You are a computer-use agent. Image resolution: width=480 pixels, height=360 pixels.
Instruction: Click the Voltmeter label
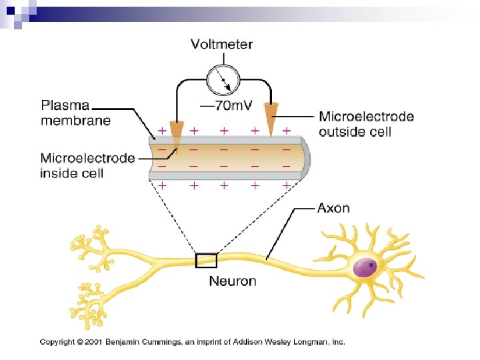click(x=222, y=45)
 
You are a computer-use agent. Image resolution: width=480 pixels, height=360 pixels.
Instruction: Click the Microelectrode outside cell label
click(x=366, y=124)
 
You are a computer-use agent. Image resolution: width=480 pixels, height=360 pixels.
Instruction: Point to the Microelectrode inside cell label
click(x=87, y=165)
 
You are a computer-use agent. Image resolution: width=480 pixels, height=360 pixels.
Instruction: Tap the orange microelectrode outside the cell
click(x=271, y=117)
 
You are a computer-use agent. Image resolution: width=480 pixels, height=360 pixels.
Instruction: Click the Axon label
click(x=333, y=208)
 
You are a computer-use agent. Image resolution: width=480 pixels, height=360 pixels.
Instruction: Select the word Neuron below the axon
click(x=233, y=281)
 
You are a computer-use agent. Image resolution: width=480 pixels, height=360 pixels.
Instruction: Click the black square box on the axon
click(x=206, y=259)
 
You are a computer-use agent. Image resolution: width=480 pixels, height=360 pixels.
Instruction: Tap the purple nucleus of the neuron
click(x=364, y=267)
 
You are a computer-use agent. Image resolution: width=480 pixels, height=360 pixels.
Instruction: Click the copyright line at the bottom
click(x=193, y=342)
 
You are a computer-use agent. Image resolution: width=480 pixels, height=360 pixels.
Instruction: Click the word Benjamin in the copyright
click(x=118, y=342)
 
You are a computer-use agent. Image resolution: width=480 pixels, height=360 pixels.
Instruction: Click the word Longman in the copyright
click(x=311, y=342)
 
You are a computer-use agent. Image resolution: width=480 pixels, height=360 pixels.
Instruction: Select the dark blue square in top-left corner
click(x=9, y=6)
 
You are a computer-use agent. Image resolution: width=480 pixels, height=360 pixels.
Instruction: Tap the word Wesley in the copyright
click(x=280, y=342)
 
